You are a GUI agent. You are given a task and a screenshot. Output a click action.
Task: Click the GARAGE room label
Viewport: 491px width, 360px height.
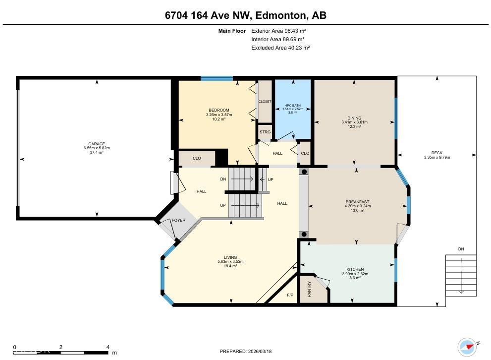pos(97,144)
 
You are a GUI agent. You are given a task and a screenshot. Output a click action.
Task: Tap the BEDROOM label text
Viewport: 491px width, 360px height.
pos(218,110)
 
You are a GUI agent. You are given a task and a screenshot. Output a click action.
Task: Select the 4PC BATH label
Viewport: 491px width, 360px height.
pos(293,105)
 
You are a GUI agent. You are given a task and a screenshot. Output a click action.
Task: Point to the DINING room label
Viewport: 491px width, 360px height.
pos(354,118)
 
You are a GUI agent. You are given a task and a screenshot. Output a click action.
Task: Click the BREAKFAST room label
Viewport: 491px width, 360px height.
pos(357,202)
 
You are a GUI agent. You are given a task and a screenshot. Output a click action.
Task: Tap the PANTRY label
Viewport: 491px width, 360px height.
pos(309,290)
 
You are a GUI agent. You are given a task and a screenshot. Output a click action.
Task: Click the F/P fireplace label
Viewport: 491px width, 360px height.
pos(290,295)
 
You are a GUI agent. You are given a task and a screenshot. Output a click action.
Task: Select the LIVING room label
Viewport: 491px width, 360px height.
pos(230,257)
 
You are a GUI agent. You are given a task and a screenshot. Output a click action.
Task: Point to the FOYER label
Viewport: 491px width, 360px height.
pos(178,220)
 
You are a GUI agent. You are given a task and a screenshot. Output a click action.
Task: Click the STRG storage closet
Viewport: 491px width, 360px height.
pos(265,132)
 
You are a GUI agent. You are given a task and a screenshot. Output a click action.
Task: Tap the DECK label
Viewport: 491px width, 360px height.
pos(436,153)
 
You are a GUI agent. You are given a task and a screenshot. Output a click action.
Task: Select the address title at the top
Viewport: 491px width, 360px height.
pos(245,15)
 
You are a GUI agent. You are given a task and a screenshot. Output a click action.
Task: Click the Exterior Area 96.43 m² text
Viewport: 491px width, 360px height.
pos(280,30)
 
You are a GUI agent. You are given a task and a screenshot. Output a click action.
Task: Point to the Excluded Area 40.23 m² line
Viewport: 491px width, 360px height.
pos(280,48)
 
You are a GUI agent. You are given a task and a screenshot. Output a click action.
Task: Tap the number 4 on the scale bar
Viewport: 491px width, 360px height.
pos(108,347)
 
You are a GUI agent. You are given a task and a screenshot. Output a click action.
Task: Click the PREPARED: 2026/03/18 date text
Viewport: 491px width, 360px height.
pos(246,351)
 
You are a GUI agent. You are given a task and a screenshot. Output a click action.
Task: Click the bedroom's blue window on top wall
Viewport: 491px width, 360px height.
pos(217,78)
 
